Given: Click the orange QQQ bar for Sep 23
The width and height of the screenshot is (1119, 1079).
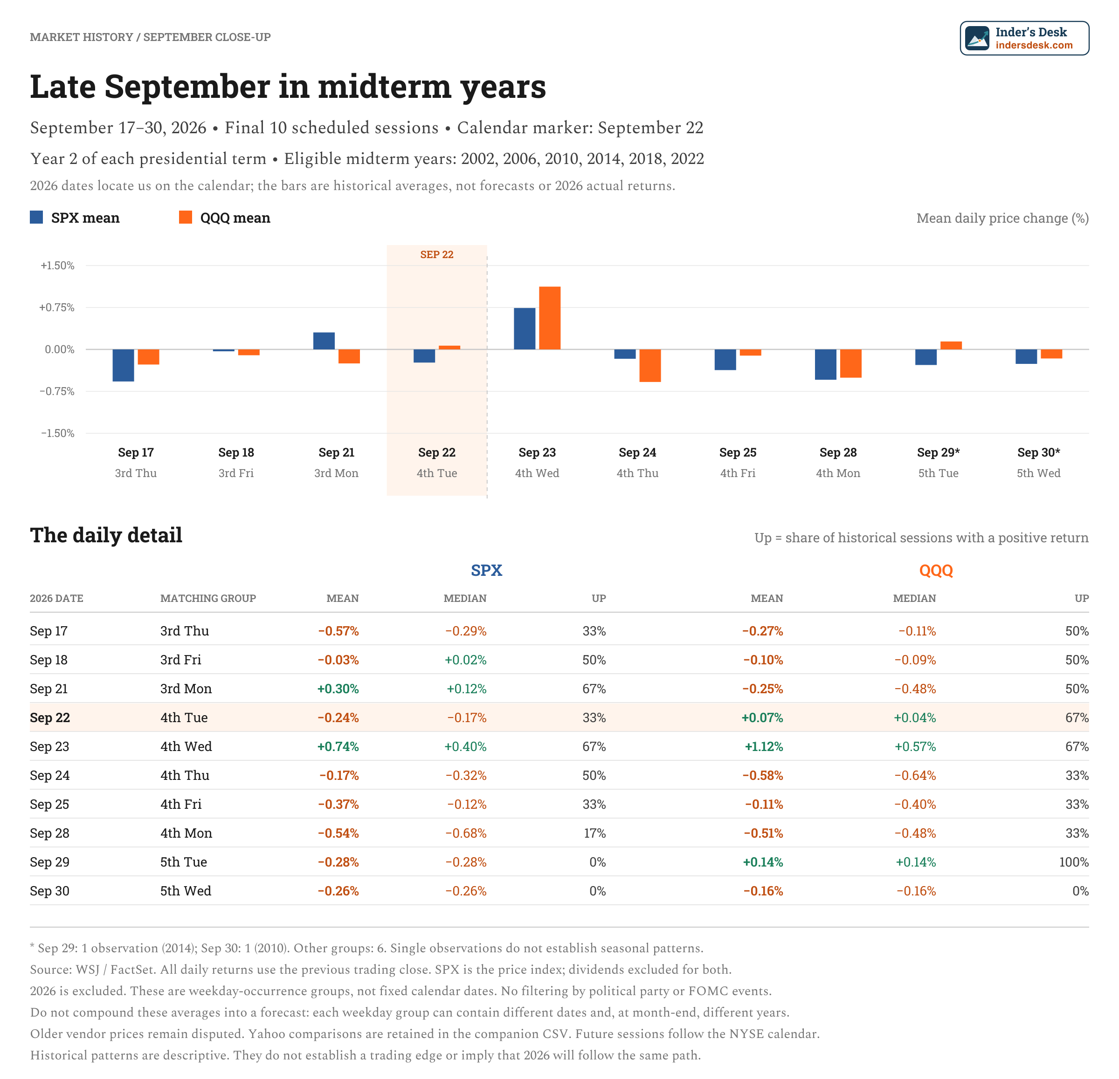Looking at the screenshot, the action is [x=549, y=318].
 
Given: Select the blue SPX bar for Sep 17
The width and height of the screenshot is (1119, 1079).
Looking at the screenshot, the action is [x=123, y=365].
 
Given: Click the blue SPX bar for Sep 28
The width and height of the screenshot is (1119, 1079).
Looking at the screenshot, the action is [x=826, y=364].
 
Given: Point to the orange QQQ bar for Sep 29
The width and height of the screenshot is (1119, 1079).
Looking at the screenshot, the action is [x=951, y=345].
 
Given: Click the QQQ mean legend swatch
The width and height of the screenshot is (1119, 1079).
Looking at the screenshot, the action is [x=186, y=218].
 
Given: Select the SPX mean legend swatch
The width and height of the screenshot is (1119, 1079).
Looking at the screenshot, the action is [x=36, y=218].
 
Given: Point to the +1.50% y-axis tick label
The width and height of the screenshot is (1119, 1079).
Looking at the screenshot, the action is [x=57, y=266].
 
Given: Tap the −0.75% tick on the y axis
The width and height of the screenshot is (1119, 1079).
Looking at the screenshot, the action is [x=57, y=391].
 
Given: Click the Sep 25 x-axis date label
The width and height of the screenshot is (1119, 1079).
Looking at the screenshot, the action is [x=738, y=452].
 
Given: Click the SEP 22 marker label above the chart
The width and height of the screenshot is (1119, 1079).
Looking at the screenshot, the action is [x=437, y=254].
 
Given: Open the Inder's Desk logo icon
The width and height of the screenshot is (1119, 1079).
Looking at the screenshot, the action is [x=977, y=38].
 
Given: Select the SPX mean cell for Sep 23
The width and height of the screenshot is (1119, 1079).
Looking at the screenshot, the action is [x=338, y=746].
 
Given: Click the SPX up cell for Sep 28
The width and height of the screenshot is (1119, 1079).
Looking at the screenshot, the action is [x=594, y=833].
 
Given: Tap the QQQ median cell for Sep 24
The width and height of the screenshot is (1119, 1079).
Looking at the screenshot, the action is [x=915, y=775].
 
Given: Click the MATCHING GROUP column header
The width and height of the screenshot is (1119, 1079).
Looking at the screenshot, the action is [x=208, y=598].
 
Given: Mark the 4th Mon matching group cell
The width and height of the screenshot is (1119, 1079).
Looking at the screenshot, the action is [x=186, y=833].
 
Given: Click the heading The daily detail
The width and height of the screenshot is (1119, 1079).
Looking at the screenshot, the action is [x=106, y=535].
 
